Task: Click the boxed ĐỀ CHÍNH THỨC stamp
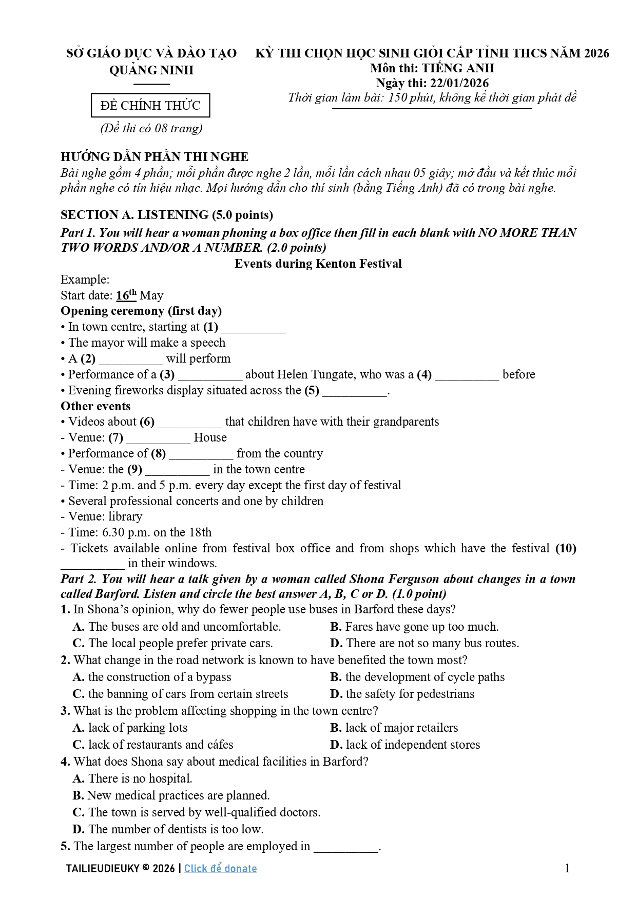(150, 106)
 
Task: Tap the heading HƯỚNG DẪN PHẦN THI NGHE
(155, 157)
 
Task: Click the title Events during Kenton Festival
(318, 264)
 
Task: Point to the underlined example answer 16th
(126, 295)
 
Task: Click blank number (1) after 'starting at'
(253, 328)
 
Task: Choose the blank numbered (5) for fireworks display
(355, 392)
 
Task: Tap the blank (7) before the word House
(158, 439)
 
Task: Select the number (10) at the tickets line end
(566, 548)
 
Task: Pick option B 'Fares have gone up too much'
(415, 627)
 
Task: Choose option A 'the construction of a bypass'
(152, 677)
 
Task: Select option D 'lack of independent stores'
(406, 745)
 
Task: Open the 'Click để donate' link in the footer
(220, 868)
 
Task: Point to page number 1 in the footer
(567, 868)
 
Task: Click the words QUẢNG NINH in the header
(151, 70)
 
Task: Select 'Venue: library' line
(102, 516)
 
